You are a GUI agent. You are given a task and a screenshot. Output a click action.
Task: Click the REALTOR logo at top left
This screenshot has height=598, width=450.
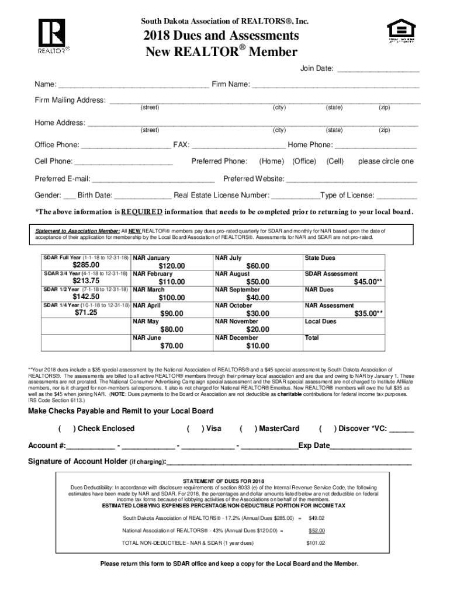click(53, 36)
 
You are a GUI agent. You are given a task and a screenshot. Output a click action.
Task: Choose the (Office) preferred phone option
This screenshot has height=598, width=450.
click(304, 161)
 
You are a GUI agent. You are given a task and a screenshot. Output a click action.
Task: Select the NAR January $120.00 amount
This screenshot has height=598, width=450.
click(171, 266)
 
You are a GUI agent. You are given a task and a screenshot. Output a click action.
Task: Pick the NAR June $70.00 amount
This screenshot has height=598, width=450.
click(171, 346)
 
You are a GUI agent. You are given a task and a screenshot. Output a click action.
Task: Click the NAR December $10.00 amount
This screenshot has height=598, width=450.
click(257, 346)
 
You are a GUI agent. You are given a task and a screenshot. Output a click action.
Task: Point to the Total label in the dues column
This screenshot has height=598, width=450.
click(312, 338)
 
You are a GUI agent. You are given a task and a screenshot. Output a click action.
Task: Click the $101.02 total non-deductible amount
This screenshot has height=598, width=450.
click(316, 543)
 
